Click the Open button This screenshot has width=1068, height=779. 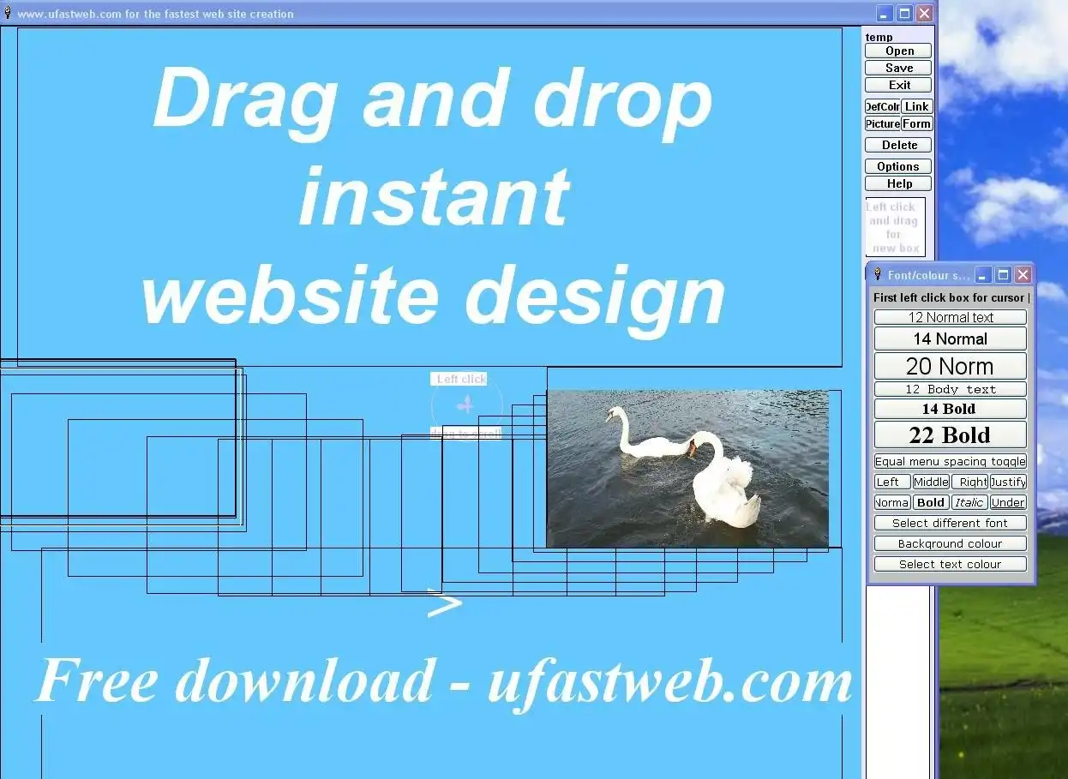[x=898, y=51]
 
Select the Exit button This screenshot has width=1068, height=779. [x=898, y=86]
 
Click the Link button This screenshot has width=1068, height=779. [x=916, y=107]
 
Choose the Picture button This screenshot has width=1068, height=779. [x=882, y=124]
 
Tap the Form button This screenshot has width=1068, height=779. [x=916, y=124]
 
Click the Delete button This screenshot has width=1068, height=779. [x=898, y=146]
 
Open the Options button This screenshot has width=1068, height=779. [x=898, y=167]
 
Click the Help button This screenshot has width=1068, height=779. [x=898, y=184]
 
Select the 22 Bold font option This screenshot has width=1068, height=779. [x=950, y=435]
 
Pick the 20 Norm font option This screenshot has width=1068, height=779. [x=950, y=367]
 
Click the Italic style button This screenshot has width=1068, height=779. [x=969, y=503]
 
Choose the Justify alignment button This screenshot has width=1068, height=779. [x=1008, y=482]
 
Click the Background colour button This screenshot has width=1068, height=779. [x=950, y=544]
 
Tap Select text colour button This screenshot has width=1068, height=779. [x=950, y=565]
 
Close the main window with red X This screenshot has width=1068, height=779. [x=924, y=14]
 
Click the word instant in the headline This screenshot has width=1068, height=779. [x=434, y=195]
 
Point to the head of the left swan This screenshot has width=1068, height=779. [x=611, y=414]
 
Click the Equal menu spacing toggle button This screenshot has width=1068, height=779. [x=950, y=462]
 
